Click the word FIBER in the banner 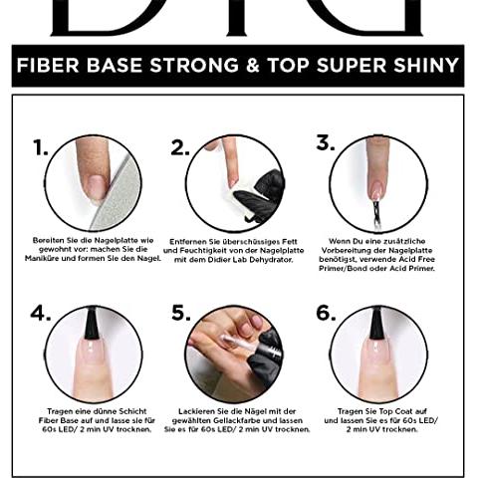(x=48, y=65)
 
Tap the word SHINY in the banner (x=426, y=65)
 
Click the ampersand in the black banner (x=253, y=65)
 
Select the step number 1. (x=41, y=147)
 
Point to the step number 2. (x=180, y=147)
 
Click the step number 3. (x=326, y=142)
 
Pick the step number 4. (x=41, y=314)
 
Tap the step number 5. (x=181, y=314)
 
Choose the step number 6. (x=326, y=314)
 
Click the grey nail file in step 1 (x=118, y=196)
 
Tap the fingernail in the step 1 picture (x=96, y=187)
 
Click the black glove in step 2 (x=262, y=196)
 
